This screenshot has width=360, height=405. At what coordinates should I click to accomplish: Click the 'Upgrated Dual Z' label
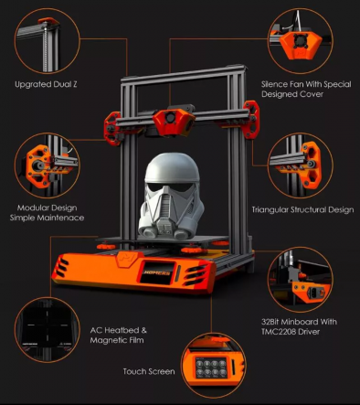(x=46, y=84)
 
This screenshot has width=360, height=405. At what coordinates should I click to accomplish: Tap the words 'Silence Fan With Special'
(x=306, y=84)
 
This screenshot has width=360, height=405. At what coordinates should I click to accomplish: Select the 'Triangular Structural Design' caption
(x=302, y=209)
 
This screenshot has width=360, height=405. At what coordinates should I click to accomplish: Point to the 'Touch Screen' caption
(x=149, y=371)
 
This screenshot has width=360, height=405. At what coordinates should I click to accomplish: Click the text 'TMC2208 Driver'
(x=291, y=332)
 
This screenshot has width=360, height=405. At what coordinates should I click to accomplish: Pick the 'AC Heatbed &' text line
(x=119, y=330)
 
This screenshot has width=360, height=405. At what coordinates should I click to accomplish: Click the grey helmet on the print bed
(x=171, y=196)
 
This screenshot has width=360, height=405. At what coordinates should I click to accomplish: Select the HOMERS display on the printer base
(x=157, y=272)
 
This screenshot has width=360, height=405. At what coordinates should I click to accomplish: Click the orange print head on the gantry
(x=173, y=122)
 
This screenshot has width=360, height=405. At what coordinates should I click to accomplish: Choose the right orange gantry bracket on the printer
(x=252, y=119)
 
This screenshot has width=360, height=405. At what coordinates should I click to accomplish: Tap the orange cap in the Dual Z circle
(x=48, y=21)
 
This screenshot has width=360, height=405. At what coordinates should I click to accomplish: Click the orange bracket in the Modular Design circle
(x=38, y=166)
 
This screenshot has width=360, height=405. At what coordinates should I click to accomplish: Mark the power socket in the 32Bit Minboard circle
(x=313, y=293)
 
